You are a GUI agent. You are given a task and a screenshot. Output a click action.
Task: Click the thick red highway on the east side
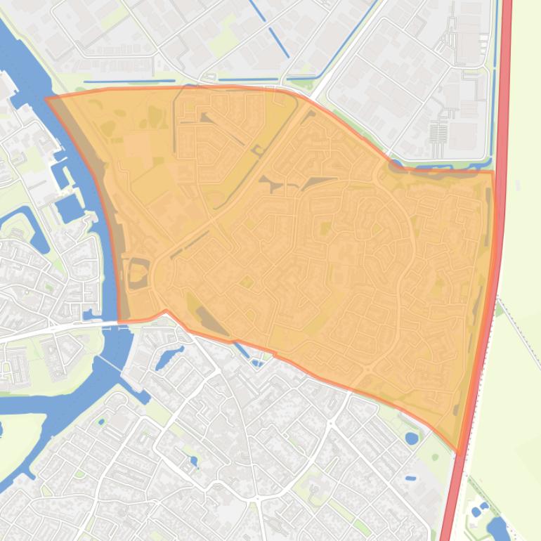point(503,105)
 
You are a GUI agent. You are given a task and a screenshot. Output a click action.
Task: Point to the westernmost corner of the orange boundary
point(46,99)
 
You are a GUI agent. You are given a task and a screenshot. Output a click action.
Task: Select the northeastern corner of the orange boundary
point(493,171)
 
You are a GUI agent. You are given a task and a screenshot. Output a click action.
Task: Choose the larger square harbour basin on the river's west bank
point(68,208)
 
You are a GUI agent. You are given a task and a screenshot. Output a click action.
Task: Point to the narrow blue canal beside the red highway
point(495,84)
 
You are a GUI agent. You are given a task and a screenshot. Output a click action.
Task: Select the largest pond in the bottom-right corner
point(498,528)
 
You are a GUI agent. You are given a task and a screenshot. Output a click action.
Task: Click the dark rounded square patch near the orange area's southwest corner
point(136,273)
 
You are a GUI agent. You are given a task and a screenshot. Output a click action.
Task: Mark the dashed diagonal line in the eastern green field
point(520,330)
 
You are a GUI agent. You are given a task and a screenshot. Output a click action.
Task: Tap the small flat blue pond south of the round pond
point(410,478)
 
